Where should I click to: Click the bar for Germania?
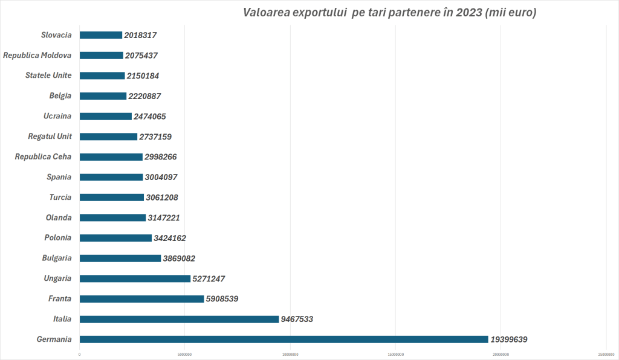(x=284, y=339)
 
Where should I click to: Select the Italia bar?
(x=179, y=319)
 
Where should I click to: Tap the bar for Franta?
(x=141, y=299)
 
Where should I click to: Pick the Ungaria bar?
(x=135, y=278)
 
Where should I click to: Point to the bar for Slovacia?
(x=100, y=35)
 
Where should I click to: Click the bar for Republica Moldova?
(x=101, y=56)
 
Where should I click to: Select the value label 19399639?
(x=509, y=339)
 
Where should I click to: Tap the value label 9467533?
(x=297, y=319)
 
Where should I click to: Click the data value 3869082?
(x=179, y=258)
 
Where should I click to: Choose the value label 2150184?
(x=143, y=76)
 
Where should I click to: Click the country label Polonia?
(x=58, y=238)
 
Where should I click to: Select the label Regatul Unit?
(x=50, y=137)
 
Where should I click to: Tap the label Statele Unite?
(x=48, y=76)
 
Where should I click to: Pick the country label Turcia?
(x=60, y=198)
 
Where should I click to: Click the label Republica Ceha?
(x=43, y=157)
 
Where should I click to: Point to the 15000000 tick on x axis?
(x=395, y=354)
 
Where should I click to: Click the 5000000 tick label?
(x=185, y=354)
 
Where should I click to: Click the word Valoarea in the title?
(x=265, y=13)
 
